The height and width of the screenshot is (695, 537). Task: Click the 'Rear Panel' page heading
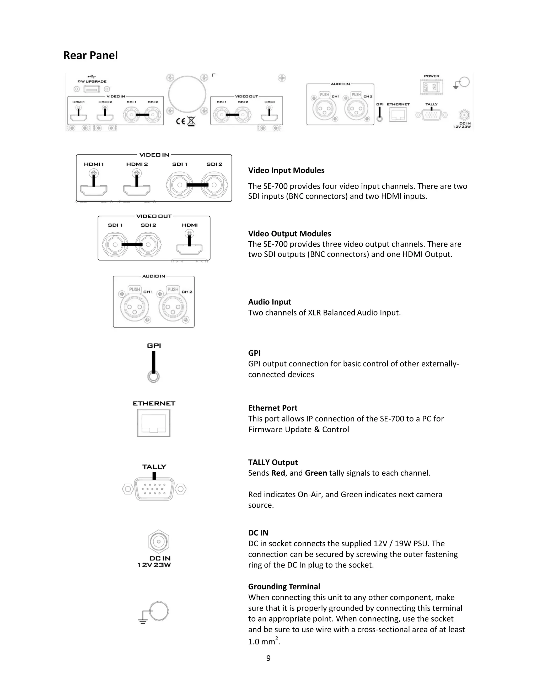[x=90, y=55]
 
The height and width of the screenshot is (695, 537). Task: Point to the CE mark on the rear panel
[x=180, y=121]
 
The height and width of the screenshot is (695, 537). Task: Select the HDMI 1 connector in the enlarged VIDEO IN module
[x=94, y=190]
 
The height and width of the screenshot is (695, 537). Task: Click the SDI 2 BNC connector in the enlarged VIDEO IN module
[x=214, y=185]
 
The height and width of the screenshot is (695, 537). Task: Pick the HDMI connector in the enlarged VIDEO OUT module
[x=189, y=249]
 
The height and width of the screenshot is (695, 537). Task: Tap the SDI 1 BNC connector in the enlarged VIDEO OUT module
[x=115, y=245]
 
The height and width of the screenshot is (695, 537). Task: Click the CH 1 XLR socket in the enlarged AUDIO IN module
[x=134, y=307]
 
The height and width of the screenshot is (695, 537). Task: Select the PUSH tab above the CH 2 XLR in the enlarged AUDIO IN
[x=173, y=289]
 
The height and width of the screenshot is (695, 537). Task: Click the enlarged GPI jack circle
[x=154, y=377]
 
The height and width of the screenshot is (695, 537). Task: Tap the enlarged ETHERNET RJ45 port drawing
[x=154, y=423]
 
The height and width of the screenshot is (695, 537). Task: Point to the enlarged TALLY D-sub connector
[x=154, y=489]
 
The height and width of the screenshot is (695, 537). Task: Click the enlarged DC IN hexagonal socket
[x=159, y=541]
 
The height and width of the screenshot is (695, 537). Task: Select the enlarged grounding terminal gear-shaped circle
[x=158, y=611]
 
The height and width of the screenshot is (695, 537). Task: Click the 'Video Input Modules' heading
[x=286, y=170]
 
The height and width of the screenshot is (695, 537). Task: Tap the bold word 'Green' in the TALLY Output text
[x=316, y=473]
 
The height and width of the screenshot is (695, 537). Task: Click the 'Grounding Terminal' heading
[x=284, y=586]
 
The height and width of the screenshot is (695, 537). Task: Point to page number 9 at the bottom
[x=268, y=658]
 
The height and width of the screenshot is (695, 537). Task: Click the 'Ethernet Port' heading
[x=273, y=408]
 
